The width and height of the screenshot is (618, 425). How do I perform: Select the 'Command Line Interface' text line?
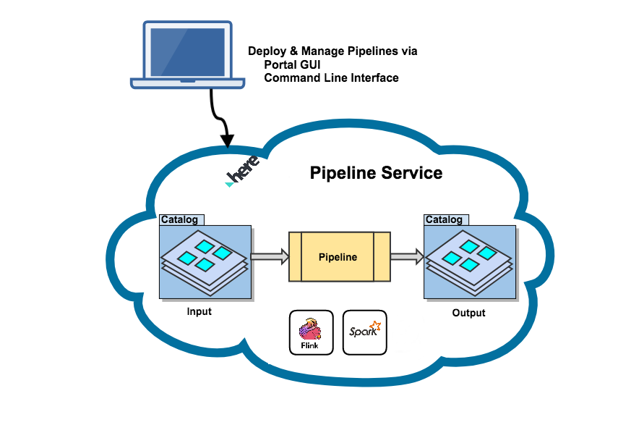(331, 77)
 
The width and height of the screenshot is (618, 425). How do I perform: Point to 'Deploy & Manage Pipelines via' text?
(332, 51)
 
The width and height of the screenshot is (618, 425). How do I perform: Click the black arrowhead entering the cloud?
(228, 140)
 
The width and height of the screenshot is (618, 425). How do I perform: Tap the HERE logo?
(241, 172)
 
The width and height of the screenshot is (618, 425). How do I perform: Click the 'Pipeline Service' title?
(376, 173)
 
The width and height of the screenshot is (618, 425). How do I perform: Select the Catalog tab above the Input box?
(181, 220)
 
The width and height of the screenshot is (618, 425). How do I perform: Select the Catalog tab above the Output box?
(446, 220)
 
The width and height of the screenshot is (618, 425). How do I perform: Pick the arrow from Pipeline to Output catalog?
(407, 256)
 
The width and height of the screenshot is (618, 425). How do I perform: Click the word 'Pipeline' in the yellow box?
(338, 257)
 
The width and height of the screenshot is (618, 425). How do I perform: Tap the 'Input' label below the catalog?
(199, 311)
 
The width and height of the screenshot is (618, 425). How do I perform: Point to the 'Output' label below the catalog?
(468, 313)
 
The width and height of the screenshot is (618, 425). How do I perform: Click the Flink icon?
(311, 332)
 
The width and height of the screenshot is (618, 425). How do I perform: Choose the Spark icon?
(364, 332)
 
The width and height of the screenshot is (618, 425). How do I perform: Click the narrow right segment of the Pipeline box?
(382, 257)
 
